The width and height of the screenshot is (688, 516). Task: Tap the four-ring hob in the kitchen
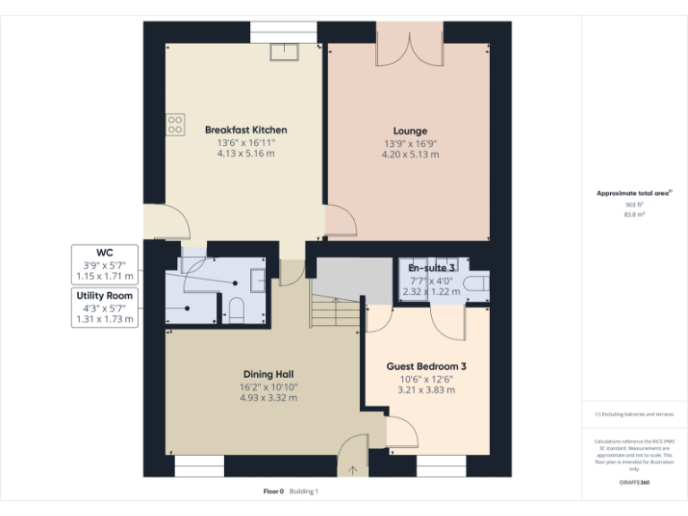coord(175,125)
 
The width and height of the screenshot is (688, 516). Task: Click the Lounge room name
coord(410,131)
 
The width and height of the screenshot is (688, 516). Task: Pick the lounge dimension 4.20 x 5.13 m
coord(410,154)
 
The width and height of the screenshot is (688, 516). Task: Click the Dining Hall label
coord(270,374)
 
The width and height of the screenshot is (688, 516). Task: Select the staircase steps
coord(336,314)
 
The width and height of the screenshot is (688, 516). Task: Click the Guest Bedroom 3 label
coord(426,366)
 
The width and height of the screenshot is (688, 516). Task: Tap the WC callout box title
coord(104,253)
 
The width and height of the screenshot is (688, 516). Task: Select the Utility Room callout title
coord(104,296)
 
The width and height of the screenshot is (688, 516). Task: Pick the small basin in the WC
coord(257,279)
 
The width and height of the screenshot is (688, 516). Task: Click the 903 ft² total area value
coord(634,204)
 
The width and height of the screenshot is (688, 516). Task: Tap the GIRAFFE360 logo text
coord(634,482)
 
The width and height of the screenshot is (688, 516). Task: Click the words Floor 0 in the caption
coord(273,492)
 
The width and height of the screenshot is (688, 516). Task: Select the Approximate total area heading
coord(633,193)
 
